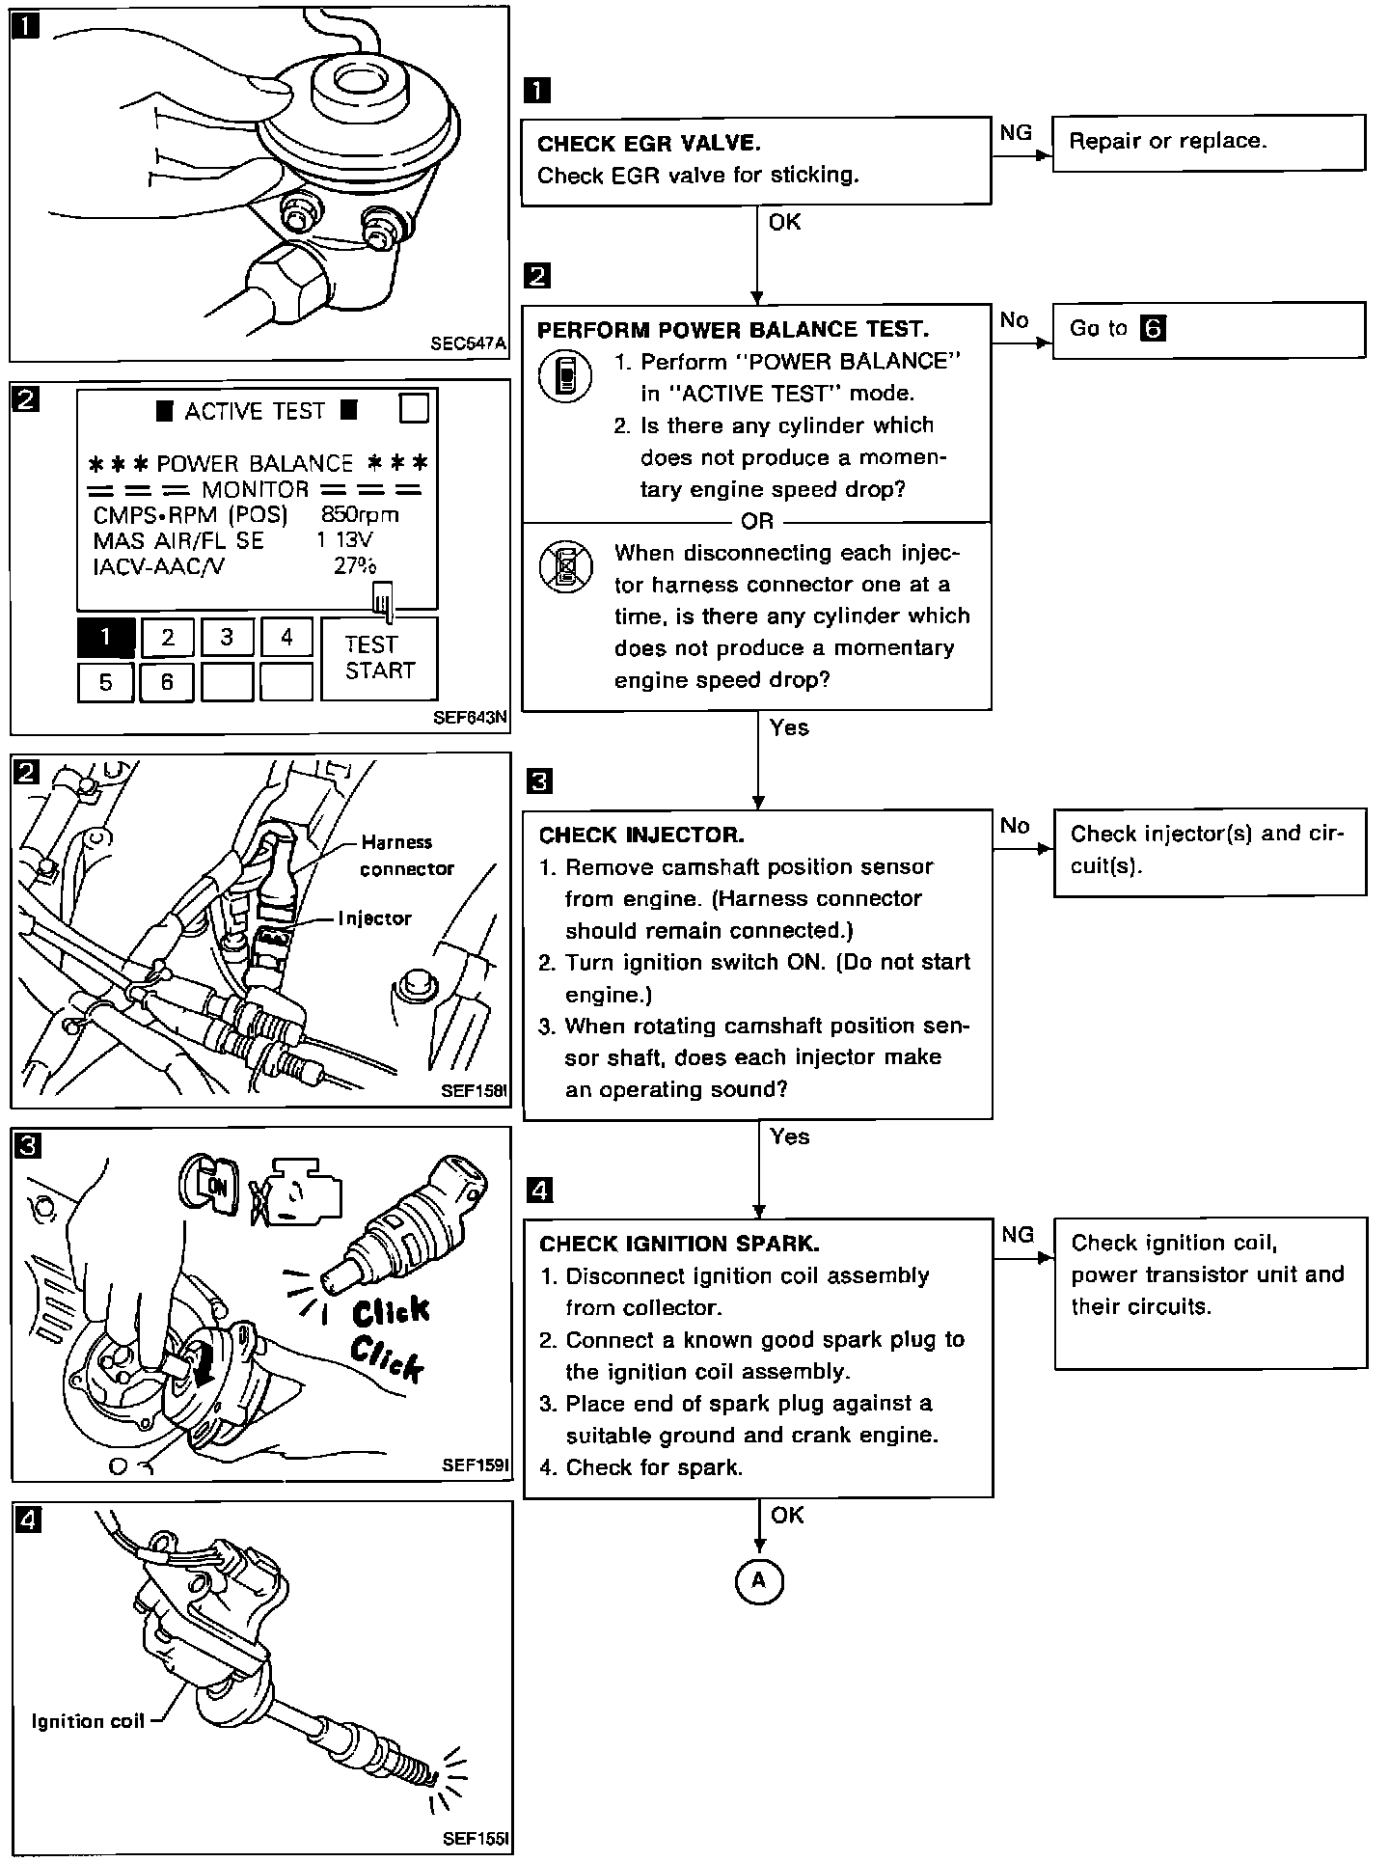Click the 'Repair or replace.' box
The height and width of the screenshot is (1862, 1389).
click(x=1208, y=143)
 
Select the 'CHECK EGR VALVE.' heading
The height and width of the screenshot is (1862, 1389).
click(x=648, y=144)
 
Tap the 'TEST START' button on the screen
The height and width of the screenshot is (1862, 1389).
click(x=379, y=658)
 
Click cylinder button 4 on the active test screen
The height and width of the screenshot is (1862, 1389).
click(x=286, y=637)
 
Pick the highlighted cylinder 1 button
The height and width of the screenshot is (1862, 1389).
click(x=105, y=637)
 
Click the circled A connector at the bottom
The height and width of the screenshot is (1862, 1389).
click(x=758, y=1580)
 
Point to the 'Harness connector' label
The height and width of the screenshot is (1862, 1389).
click(x=406, y=855)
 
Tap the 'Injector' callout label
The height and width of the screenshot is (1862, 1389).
click(x=374, y=917)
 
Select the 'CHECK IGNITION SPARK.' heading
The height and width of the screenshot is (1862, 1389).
click(x=679, y=1244)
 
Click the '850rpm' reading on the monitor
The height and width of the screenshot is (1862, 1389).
click(x=359, y=514)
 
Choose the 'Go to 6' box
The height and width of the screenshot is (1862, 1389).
click(x=1208, y=329)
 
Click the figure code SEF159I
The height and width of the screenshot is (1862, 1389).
click(x=475, y=1465)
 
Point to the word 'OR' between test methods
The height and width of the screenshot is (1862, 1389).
click(x=757, y=521)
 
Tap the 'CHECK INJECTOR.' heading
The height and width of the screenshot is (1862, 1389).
click(x=641, y=835)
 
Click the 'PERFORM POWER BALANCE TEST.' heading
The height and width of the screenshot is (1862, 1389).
click(x=733, y=329)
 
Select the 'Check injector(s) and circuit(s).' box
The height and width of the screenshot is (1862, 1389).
click(x=1210, y=849)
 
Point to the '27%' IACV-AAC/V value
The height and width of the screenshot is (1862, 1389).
click(x=355, y=566)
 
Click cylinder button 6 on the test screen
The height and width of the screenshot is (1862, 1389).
click(x=167, y=683)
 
